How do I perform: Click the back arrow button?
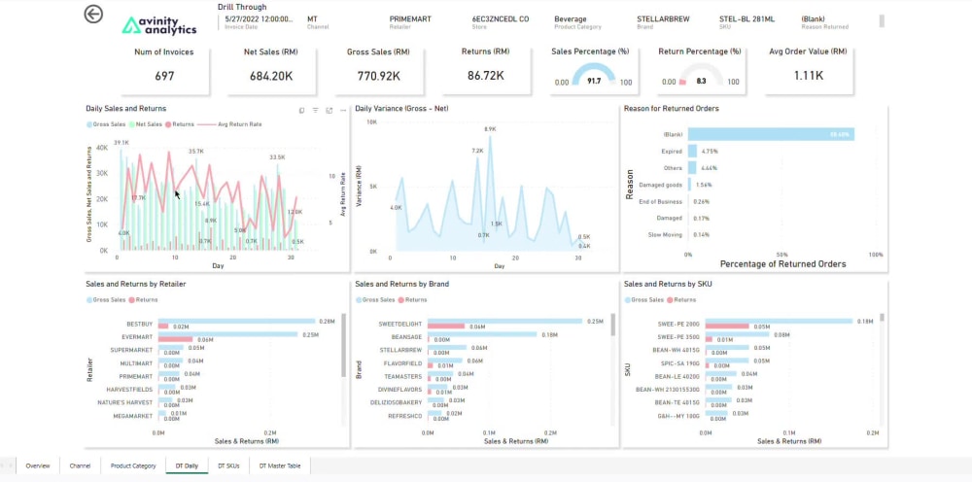point(93,14)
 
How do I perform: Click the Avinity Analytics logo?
point(158,25)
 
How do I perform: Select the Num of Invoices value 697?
point(163,76)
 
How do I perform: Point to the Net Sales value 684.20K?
point(269,76)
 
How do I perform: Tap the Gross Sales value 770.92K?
point(379,76)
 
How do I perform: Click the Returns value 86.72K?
point(487,76)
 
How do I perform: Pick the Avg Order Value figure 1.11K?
point(808,76)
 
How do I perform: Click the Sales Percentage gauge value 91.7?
point(594,82)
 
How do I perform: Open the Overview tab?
point(38,465)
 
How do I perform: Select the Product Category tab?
point(133,465)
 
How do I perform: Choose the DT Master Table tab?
point(281,465)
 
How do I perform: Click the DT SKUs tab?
point(228,465)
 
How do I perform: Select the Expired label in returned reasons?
point(672,152)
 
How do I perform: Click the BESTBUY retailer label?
point(140,323)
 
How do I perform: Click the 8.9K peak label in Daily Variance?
point(490,128)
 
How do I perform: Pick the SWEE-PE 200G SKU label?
point(678,323)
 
